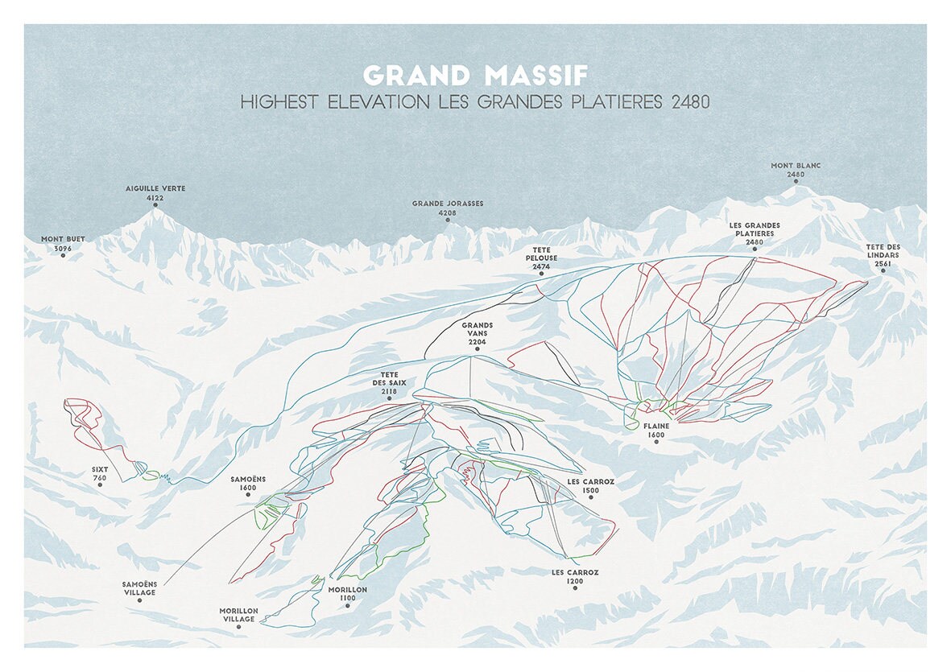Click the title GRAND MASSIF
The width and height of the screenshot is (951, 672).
(475, 75)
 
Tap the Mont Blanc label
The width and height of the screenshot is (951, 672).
(796, 169)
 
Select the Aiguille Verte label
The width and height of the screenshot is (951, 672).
(155, 192)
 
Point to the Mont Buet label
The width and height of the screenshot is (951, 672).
(63, 244)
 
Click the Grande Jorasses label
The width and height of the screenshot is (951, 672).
(448, 208)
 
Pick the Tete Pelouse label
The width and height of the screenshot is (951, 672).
(541, 261)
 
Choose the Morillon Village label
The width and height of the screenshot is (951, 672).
(239, 615)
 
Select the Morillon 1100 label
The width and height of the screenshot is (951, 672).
(348, 594)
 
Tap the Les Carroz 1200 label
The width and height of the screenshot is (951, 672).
(575, 576)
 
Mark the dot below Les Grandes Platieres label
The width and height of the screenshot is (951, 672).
(755, 250)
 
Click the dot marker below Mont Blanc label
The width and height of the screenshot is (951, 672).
(796, 182)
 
